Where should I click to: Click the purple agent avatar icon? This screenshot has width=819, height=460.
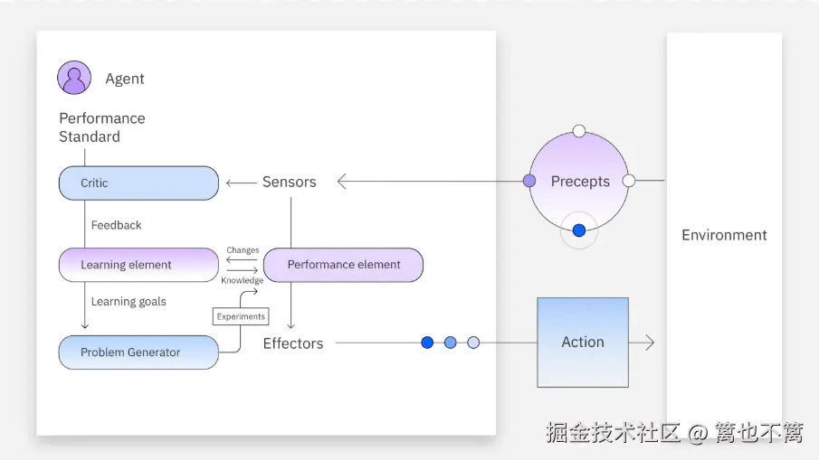[x=74, y=78]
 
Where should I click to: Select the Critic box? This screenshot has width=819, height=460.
[x=138, y=183]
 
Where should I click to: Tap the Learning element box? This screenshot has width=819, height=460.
[x=138, y=265]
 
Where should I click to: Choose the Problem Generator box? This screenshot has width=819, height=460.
[x=138, y=352]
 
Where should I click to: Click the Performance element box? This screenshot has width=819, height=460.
[x=343, y=265]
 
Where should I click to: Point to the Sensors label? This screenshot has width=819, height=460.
[x=290, y=182]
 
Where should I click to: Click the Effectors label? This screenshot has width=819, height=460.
[x=293, y=343]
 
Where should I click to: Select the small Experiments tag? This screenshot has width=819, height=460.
[x=241, y=316]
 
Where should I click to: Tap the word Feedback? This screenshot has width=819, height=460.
[x=116, y=225]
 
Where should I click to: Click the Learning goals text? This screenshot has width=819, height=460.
[x=128, y=302]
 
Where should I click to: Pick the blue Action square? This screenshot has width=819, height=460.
[x=582, y=343]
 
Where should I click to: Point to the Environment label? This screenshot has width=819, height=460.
[x=724, y=235]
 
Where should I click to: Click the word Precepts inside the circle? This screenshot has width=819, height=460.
[x=580, y=182]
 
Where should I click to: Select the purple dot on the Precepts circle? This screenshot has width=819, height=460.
[x=529, y=181]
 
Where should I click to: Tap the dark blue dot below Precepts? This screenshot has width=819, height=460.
[x=579, y=230]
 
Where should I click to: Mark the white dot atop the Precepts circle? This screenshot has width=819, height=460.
[x=579, y=131]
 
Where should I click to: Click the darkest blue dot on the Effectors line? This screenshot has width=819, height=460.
[x=427, y=343]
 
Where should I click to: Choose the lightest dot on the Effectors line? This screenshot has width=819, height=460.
[x=473, y=343]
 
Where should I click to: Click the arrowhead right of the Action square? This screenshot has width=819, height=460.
[x=648, y=343]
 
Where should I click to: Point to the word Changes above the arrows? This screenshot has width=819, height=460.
[x=243, y=250]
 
